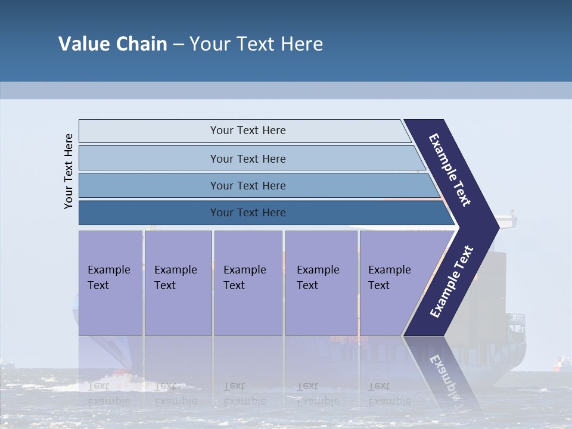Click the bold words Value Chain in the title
(x=113, y=44)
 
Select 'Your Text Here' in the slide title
(x=256, y=44)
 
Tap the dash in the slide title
(x=178, y=45)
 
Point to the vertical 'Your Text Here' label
(x=69, y=171)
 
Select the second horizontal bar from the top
(x=247, y=158)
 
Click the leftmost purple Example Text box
(x=110, y=283)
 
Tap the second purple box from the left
(x=178, y=283)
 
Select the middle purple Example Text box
(x=248, y=283)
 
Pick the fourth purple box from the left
(x=321, y=283)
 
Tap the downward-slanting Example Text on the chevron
(x=450, y=170)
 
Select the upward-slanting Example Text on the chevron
(x=452, y=281)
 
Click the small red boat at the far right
(x=559, y=363)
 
